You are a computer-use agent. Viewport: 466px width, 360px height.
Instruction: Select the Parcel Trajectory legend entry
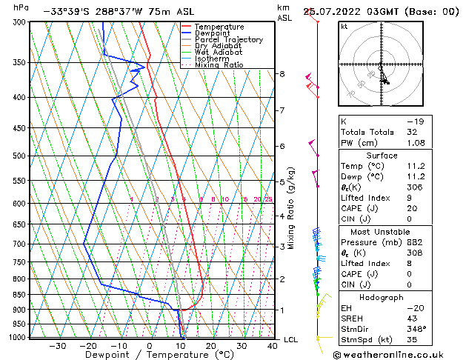[223, 39]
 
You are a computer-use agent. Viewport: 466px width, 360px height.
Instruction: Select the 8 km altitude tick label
[282, 74]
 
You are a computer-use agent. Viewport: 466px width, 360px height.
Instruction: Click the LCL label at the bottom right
[291, 340]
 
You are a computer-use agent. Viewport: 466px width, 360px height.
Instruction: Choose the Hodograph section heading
[382, 296]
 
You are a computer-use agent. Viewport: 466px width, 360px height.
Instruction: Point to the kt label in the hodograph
[344, 27]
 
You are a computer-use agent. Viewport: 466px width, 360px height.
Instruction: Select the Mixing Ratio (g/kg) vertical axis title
[292, 207]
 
